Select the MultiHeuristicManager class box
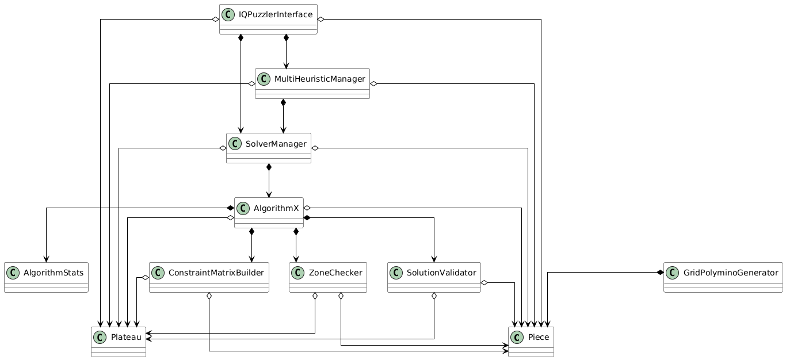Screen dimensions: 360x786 (312, 84)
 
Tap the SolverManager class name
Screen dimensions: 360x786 (276, 143)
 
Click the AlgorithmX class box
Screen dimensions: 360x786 (269, 213)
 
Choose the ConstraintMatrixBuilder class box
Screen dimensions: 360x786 (209, 278)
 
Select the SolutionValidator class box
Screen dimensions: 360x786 (434, 278)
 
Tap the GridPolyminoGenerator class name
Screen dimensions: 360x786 (731, 272)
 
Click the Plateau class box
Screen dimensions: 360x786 (119, 342)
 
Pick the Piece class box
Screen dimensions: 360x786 (531, 342)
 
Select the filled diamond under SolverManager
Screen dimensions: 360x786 (269, 167)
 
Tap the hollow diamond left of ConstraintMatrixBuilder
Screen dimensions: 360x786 (146, 278)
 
